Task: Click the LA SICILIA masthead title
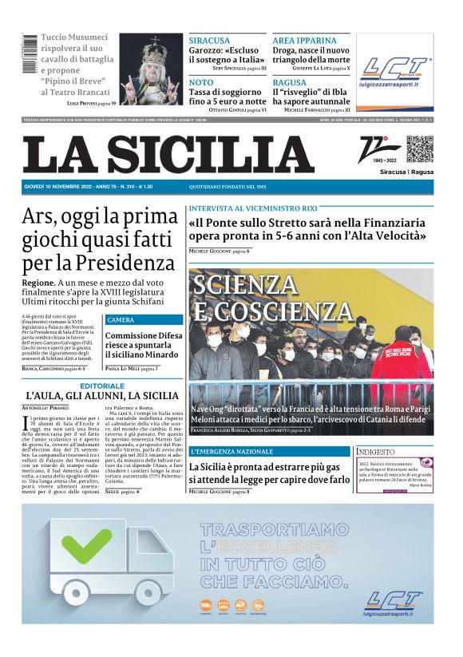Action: tap(168, 154)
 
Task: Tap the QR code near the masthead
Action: tap(419, 149)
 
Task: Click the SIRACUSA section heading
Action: tap(209, 40)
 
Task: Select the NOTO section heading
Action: tap(201, 82)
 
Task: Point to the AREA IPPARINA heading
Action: tap(304, 40)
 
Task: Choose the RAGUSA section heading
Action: tap(289, 82)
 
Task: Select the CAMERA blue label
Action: tap(121, 320)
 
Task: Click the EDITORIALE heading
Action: tap(101, 386)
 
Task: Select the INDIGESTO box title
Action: tap(377, 452)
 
